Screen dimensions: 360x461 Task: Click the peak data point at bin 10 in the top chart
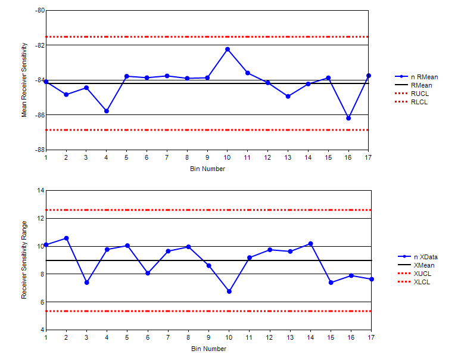[228, 49]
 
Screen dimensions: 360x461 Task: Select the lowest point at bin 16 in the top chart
[348, 118]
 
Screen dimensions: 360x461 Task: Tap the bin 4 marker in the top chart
[107, 111]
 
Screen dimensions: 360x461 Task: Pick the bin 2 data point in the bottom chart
[66, 238]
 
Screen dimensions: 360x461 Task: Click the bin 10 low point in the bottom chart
[229, 291]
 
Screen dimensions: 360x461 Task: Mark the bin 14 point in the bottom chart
[310, 244]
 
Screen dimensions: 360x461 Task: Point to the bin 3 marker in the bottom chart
[86, 283]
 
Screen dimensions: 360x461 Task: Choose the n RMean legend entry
[424, 77]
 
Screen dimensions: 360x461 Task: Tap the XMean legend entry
[423, 265]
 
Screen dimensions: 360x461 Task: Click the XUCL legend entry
[422, 273]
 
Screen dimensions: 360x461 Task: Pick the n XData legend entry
[425, 256]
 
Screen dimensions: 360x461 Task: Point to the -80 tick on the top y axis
[39, 11]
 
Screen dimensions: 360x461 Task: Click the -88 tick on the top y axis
[39, 150]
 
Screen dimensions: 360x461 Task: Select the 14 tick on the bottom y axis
[41, 190]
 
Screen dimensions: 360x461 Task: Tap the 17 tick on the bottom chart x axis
[370, 337]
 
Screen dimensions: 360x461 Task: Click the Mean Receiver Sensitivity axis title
[24, 80]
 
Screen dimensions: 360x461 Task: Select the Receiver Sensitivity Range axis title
[24, 260]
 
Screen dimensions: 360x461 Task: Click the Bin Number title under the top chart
[208, 169]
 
